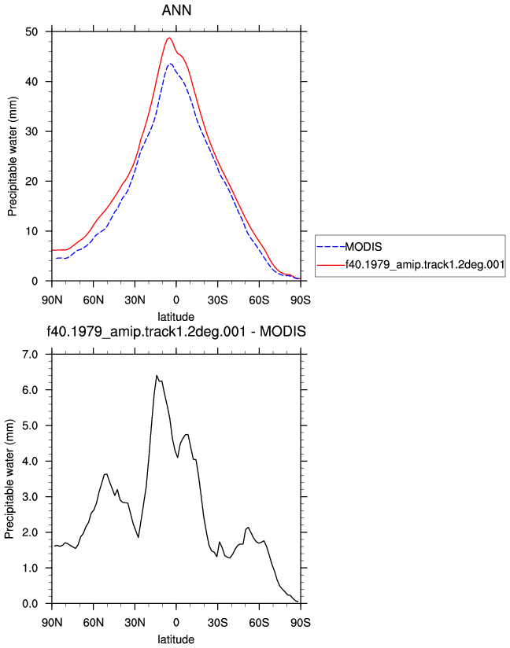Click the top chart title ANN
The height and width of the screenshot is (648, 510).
176,10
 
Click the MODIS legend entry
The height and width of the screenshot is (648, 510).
349,247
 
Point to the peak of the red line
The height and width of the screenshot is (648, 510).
168,38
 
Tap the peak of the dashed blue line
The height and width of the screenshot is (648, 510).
170,64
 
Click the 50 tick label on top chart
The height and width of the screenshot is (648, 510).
31,31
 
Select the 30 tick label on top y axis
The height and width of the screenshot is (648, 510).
31,131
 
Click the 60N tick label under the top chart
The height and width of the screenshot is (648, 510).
94,300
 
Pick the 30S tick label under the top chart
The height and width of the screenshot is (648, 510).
217,300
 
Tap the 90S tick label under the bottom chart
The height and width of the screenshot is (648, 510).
301,622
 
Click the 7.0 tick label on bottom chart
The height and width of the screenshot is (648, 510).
30,354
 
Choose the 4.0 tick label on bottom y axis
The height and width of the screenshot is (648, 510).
30,461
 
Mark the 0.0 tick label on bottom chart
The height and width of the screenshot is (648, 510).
30,604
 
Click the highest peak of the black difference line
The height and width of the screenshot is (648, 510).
157,375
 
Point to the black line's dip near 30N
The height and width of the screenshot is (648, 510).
139,537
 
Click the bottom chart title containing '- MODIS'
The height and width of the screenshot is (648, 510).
176,331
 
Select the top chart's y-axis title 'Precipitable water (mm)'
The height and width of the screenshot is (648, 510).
13,156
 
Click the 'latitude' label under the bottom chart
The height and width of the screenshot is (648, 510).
176,639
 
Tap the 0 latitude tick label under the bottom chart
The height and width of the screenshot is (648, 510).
176,622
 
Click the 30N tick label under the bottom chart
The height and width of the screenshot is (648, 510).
135,622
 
